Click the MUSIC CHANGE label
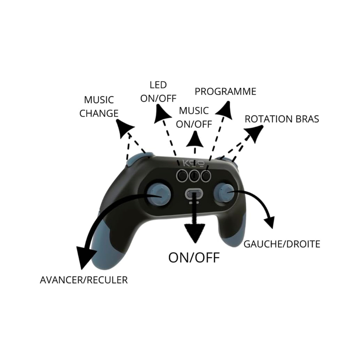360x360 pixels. click(99, 106)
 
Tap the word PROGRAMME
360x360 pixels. click(225, 91)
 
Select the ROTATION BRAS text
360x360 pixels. click(282, 119)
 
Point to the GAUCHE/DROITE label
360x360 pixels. click(282, 244)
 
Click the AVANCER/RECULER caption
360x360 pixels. click(84, 280)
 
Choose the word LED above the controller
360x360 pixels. click(158, 85)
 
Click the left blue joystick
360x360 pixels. click(157, 194)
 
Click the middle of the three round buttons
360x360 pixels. click(194, 175)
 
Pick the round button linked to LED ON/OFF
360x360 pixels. click(182, 175)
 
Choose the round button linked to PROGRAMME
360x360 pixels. click(206, 175)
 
